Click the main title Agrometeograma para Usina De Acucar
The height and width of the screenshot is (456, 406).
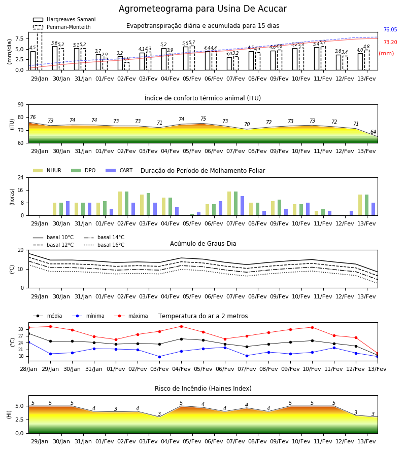coord(202,9)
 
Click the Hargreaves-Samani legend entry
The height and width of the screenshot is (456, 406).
coord(64,19)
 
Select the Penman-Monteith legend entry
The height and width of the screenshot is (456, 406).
coord(62,27)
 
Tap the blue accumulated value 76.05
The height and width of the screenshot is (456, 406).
coord(390,30)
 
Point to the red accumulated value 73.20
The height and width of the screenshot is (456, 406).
coord(390,42)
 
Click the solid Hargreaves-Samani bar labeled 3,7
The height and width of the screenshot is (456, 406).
coord(98,62)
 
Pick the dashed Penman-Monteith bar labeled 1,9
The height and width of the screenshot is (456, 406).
coord(127,66)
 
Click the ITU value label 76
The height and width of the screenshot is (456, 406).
coord(32,117)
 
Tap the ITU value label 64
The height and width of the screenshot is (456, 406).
coord(373,132)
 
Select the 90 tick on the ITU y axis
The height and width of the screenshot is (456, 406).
coord(21,105)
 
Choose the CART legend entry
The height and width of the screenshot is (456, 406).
coord(119,170)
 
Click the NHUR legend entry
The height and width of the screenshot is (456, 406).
coord(47,170)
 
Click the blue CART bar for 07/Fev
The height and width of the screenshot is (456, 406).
coord(242,206)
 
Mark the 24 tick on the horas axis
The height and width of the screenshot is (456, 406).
coord(21,177)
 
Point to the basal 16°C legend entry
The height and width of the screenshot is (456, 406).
coord(104,245)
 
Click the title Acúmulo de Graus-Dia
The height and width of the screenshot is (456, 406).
coord(203,244)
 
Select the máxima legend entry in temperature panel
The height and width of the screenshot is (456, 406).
coord(131,316)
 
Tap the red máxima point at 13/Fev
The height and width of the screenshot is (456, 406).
coord(378,354)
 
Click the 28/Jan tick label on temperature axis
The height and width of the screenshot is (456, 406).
coord(28,369)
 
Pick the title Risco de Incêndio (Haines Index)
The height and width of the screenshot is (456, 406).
coord(203,389)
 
